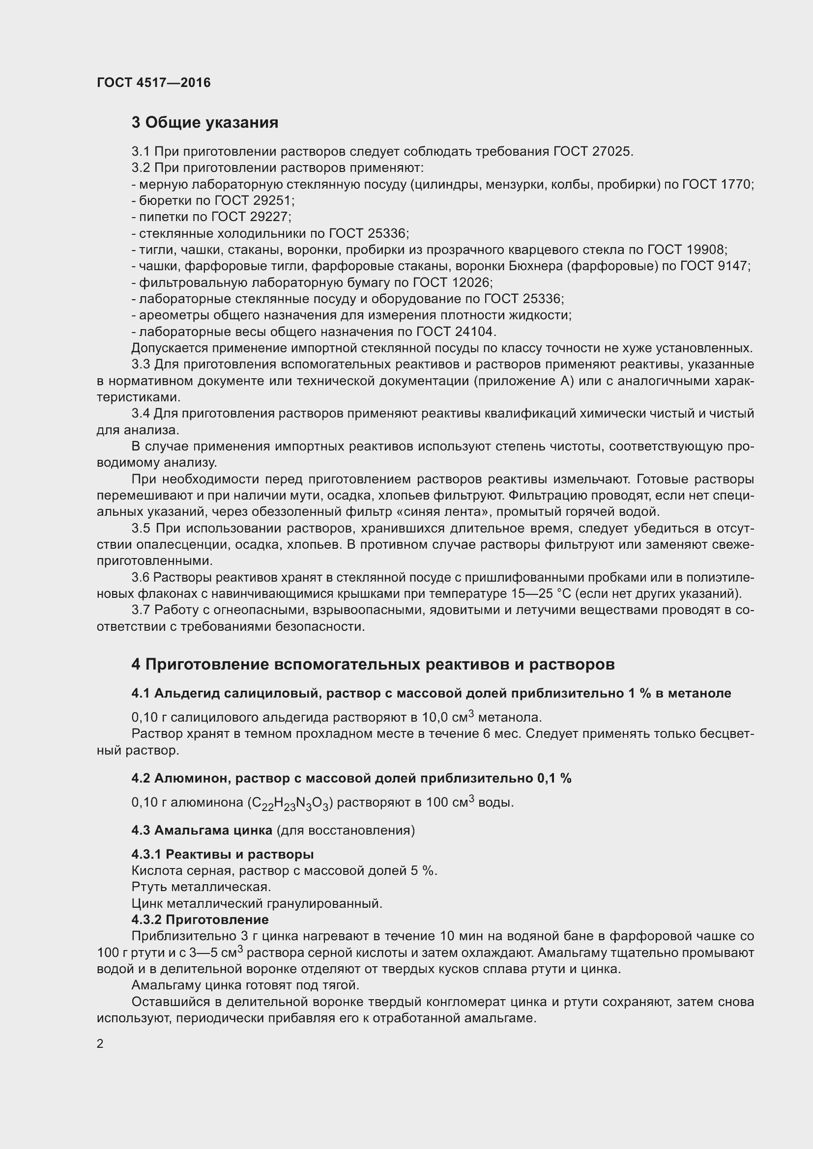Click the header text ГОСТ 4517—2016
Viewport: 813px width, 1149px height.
pos(154,83)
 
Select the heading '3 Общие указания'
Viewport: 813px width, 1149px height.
pos(205,123)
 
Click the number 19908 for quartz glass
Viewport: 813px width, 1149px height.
pos(707,250)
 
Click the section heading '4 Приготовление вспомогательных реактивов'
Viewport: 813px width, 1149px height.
pos(373,665)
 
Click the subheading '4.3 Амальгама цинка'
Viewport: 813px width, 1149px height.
pos(202,831)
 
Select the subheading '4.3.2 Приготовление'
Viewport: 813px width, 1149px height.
pos(200,920)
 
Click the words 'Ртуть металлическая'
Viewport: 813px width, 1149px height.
pos(201,887)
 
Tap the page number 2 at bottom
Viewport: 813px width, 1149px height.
pos(100,1044)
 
